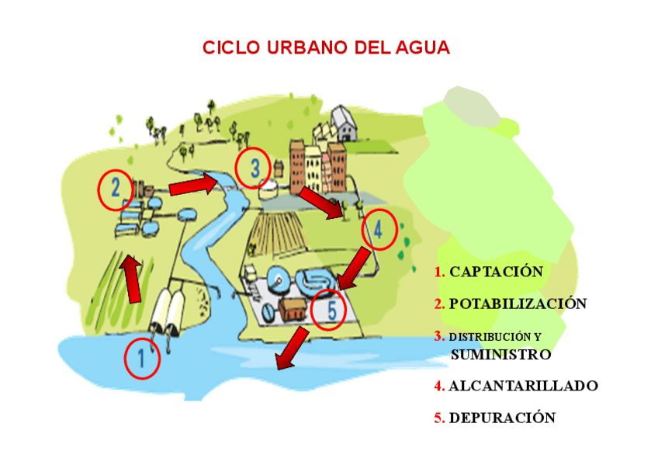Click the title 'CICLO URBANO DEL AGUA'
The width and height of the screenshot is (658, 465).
[x=326, y=47]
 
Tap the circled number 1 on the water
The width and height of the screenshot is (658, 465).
[x=142, y=359]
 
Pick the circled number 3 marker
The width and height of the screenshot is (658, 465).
[x=252, y=168]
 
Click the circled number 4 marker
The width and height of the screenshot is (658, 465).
[x=379, y=230]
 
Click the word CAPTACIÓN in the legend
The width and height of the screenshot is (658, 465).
[x=496, y=272]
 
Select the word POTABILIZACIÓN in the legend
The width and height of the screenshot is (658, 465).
[x=518, y=304]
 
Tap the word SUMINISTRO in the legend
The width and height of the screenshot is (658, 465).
[x=500, y=355]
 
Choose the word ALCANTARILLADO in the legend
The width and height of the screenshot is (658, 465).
[x=523, y=386]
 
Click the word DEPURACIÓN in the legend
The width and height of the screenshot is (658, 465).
[x=502, y=418]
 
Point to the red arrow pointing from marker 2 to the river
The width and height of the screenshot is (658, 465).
[x=193, y=186]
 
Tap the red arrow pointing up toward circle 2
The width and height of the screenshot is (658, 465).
[x=131, y=279]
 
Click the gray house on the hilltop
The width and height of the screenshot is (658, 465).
[x=342, y=123]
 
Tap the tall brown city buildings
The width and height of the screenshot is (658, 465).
[x=317, y=164]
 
